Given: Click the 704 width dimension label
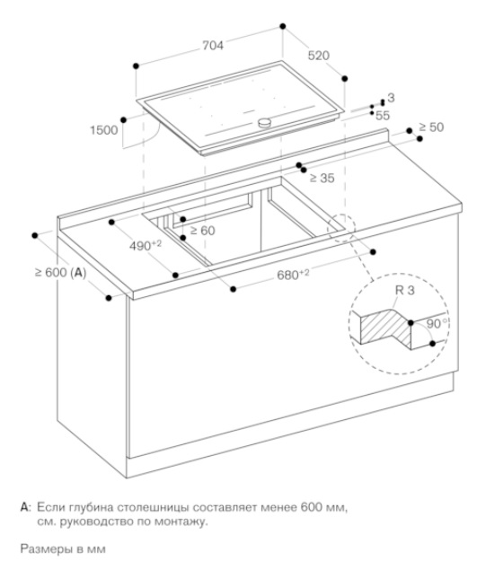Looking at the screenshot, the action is pos(213,46).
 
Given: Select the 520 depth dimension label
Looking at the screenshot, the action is pos(318,56).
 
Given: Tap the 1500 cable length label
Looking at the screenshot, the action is pos(104,130).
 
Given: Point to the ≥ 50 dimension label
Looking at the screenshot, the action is pos(431,127).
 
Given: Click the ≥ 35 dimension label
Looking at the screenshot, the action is pos(322,178).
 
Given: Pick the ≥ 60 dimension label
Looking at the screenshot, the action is pos(202,231).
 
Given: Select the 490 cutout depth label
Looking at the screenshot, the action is pos(146,246).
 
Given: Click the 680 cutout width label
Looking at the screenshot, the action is pos(293,275).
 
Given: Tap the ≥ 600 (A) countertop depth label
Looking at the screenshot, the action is pos(60,273).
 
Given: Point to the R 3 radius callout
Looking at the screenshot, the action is pos(405,290).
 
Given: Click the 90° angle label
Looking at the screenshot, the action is pos(437,324).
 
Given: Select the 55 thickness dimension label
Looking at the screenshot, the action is pos(383,116).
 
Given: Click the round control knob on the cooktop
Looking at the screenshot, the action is pos(264,122).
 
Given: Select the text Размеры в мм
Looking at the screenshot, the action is pos(63,549).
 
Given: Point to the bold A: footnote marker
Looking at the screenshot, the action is pos(26,507).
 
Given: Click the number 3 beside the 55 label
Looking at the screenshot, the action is pos(391,98).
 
